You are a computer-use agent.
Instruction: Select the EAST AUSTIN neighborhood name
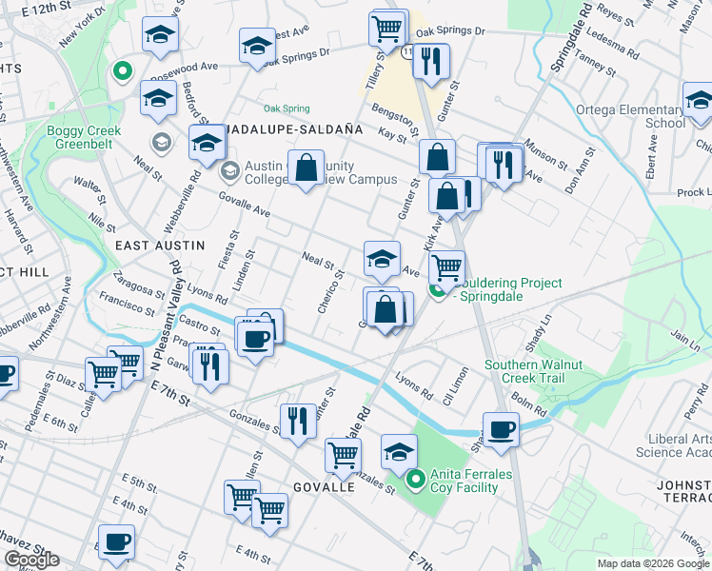(x=160, y=246)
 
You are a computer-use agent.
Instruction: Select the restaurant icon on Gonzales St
(x=298, y=420)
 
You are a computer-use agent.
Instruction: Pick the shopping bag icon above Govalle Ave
(x=307, y=168)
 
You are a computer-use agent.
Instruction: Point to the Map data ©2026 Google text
(x=653, y=563)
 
